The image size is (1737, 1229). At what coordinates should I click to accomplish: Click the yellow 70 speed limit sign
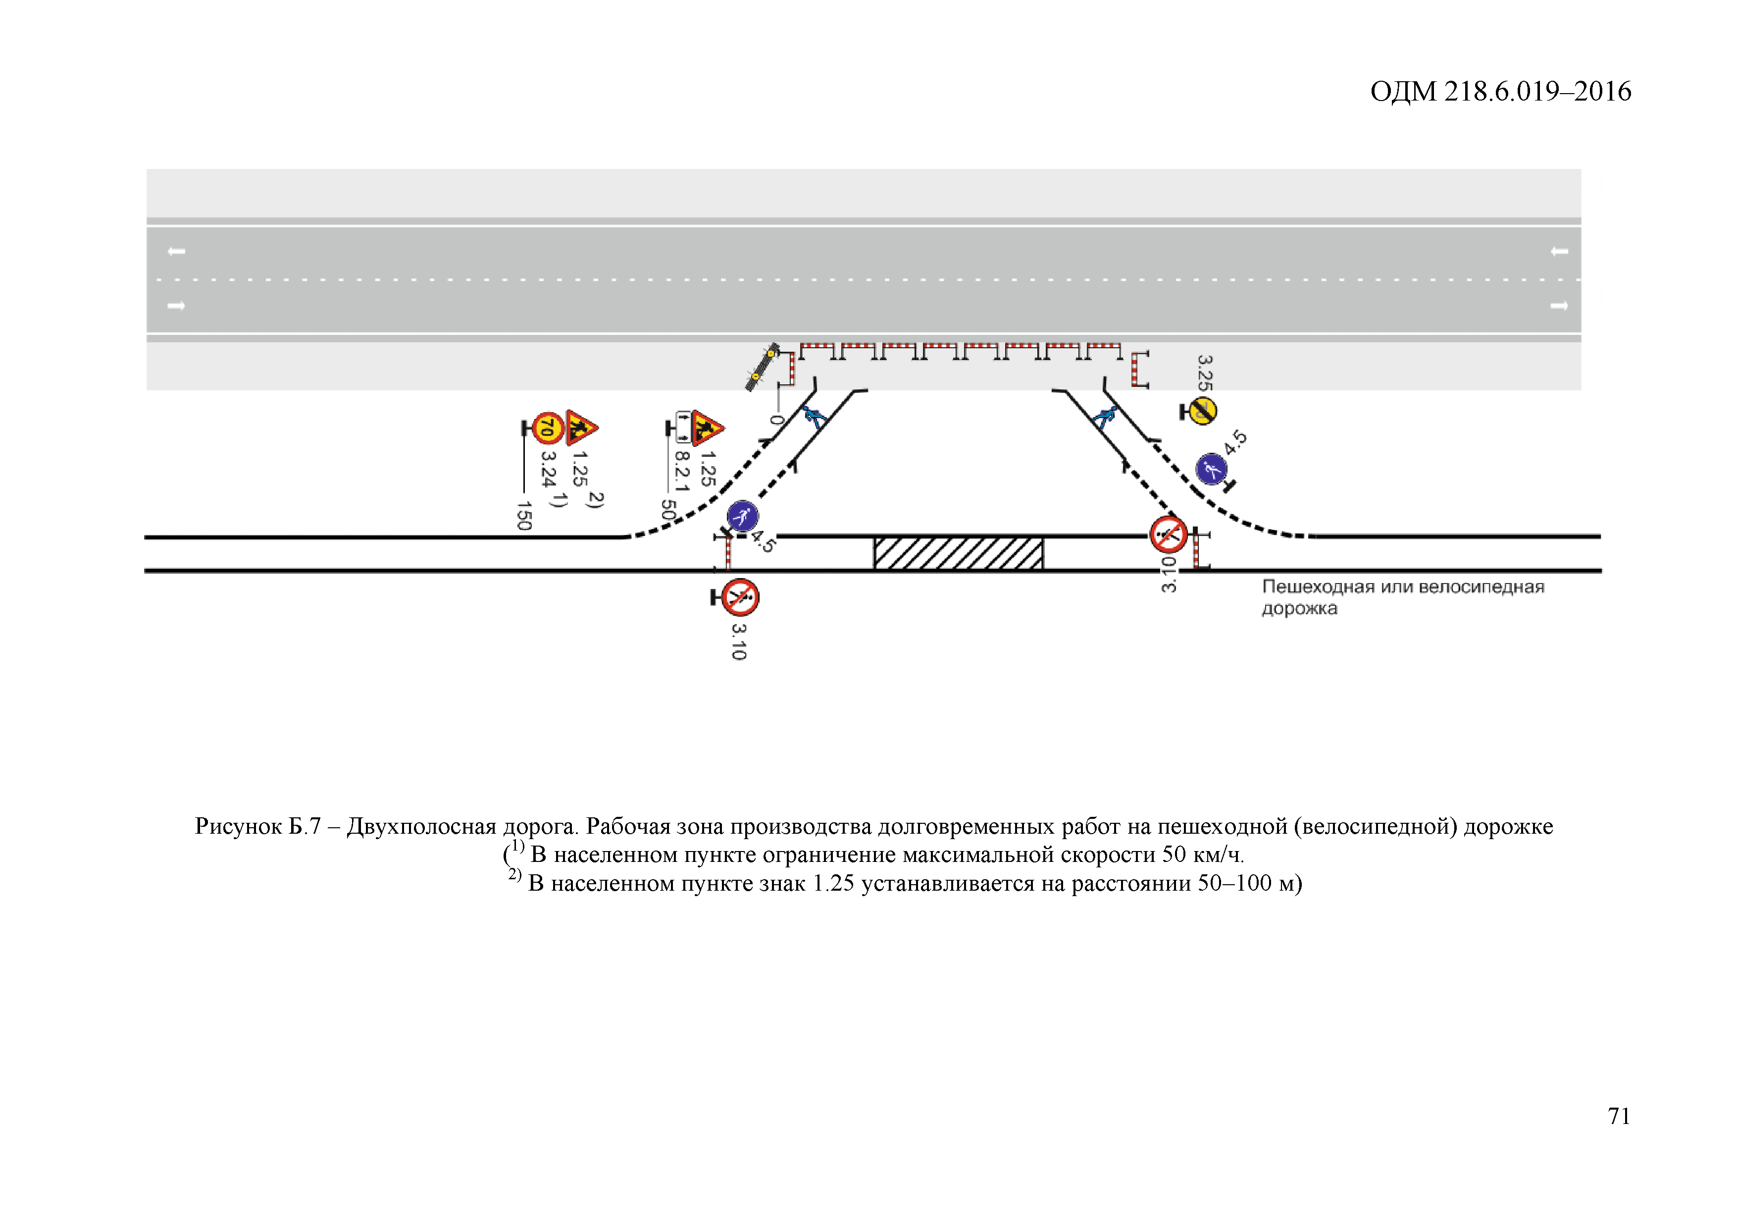[x=547, y=428]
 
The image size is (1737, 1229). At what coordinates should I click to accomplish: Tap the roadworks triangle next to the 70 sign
[x=580, y=428]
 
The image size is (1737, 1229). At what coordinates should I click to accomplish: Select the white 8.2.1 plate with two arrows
[x=683, y=427]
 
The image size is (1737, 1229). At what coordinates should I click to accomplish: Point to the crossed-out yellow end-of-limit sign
[x=1202, y=411]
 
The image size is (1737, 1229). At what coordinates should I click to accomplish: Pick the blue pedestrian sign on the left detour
[x=742, y=517]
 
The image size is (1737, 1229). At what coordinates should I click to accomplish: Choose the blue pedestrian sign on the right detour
[x=1211, y=469]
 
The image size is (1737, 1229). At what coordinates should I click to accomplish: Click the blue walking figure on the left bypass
[x=813, y=417]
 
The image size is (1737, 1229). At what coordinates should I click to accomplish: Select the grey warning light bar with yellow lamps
[x=763, y=367]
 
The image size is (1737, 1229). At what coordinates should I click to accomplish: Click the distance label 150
[x=523, y=515]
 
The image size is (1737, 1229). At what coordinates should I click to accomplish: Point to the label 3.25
[x=1205, y=373]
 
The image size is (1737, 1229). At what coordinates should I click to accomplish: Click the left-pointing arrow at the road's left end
[x=176, y=251]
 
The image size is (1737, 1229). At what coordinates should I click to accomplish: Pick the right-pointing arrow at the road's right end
[x=1559, y=306]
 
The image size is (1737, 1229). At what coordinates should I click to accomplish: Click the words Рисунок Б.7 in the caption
[x=257, y=826]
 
